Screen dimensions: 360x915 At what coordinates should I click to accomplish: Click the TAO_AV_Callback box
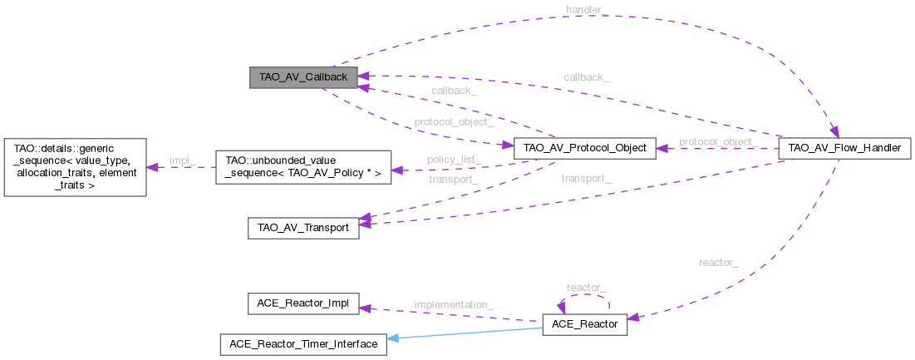[303, 76]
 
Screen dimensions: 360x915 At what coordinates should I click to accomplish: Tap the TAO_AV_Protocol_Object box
[585, 149]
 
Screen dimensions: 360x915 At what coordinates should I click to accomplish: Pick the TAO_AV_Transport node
[303, 228]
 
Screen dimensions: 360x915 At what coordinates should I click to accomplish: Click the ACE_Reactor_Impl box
[303, 303]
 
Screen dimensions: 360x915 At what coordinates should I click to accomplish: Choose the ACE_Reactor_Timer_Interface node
[303, 343]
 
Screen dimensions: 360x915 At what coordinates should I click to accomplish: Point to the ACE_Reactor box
[584, 324]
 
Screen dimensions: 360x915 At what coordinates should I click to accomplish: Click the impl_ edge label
[181, 160]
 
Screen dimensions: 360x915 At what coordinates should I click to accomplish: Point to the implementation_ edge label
[454, 305]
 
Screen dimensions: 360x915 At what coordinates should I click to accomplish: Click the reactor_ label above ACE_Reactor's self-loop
[586, 287]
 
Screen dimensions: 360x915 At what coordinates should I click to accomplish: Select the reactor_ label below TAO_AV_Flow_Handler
[719, 263]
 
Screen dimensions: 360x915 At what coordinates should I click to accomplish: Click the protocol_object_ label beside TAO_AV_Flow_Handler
[718, 142]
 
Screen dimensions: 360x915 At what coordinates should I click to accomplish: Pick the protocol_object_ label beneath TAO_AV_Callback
[454, 121]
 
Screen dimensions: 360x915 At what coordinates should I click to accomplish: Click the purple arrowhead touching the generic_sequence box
[153, 166]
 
